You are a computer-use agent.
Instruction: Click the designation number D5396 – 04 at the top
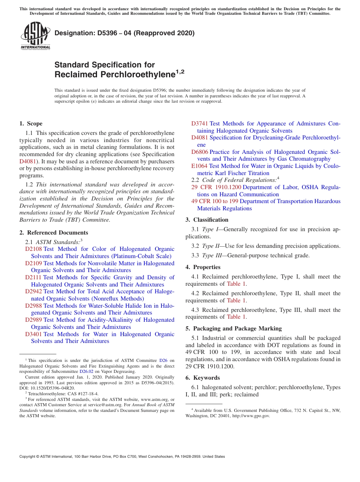click(124, 33)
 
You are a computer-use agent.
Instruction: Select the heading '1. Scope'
click(31, 124)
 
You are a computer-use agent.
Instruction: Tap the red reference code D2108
click(33, 249)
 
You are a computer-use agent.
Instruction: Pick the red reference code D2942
click(33, 291)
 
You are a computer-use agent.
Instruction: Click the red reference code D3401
click(33, 334)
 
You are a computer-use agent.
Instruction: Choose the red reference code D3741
click(200, 124)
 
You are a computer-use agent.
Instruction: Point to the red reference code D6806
click(200, 152)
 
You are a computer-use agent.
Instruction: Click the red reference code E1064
click(199, 166)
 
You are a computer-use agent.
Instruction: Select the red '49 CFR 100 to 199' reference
click(215, 201)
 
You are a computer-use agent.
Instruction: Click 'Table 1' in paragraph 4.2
click(236, 300)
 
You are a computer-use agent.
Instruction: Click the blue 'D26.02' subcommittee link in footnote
click(86, 372)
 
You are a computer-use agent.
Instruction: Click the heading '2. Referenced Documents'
click(54, 233)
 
